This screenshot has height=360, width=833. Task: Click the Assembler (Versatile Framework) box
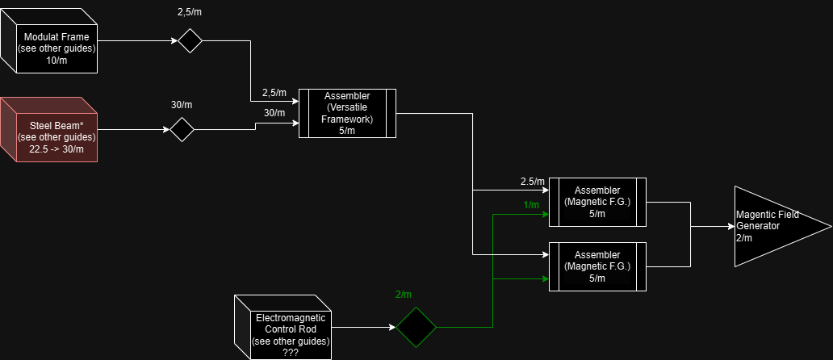click(x=347, y=113)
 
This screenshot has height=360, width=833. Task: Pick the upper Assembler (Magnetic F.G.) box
click(x=597, y=202)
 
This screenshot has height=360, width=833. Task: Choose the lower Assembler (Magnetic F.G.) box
click(x=597, y=266)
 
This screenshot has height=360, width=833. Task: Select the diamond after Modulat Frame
click(x=190, y=40)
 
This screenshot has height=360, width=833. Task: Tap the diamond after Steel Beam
click(x=182, y=129)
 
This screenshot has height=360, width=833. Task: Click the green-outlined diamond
click(x=416, y=327)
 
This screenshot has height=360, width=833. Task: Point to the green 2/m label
click(x=404, y=295)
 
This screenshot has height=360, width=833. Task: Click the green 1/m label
click(x=531, y=205)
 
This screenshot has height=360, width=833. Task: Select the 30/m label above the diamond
click(x=182, y=105)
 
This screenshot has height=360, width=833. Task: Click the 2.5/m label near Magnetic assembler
click(x=533, y=181)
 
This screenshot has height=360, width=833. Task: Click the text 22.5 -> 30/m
click(x=57, y=149)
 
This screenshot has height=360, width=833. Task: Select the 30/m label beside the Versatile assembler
click(x=274, y=113)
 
